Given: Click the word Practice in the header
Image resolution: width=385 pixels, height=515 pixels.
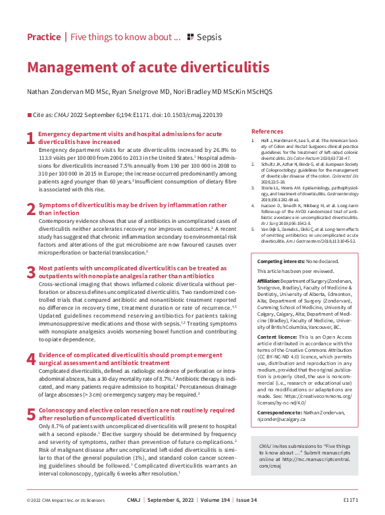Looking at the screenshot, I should [x=43, y=37].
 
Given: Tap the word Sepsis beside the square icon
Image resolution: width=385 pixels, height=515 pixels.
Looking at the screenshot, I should [x=209, y=37].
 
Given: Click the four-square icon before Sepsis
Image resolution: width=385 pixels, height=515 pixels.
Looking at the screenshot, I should [x=191, y=37].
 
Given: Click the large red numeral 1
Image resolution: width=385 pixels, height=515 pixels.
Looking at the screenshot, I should [x=30, y=138].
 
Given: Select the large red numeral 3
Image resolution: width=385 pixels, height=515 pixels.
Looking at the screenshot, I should [x=30, y=272].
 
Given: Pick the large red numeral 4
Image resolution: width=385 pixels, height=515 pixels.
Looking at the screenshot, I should [x=30, y=359].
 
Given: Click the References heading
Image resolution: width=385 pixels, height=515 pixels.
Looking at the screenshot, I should [x=267, y=132].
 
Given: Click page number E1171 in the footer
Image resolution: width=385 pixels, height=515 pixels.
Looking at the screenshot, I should [x=351, y=500].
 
